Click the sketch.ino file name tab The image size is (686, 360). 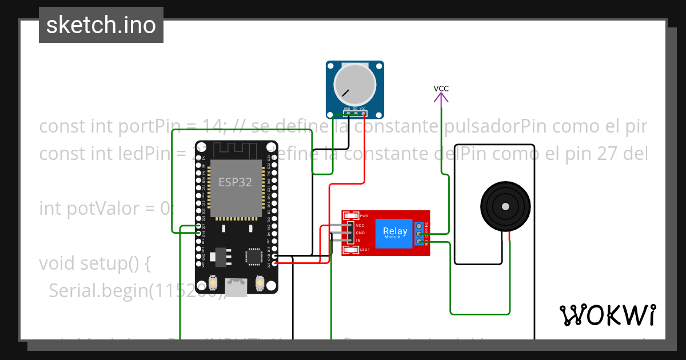point(101,25)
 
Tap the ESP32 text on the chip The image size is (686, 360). point(235,183)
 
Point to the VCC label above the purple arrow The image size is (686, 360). point(441,89)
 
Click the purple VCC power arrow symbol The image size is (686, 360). point(441,98)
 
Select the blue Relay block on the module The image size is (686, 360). point(394,233)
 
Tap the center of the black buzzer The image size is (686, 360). point(505,206)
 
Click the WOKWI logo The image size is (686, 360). point(607,315)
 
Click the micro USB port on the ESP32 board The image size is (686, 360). point(236,286)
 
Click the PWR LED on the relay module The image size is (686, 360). point(350,216)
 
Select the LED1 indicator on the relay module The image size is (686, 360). point(350,250)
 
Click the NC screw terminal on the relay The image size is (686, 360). point(420,227)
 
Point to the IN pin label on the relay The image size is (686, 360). point(358,241)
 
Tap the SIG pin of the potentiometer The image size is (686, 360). point(355,113)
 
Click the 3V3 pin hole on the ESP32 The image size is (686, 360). point(275,265)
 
